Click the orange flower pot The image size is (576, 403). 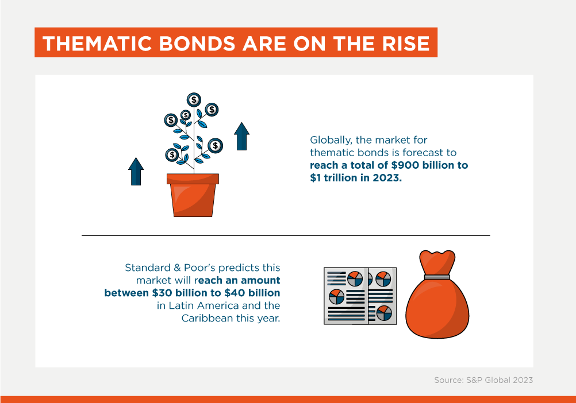point(193,195)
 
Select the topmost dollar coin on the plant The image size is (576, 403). point(194,100)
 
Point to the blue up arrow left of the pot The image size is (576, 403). point(136,171)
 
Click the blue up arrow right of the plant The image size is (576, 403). point(241,136)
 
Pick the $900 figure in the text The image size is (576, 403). point(405,165)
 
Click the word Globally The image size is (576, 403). point(331,140)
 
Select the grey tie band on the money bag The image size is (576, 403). point(437,277)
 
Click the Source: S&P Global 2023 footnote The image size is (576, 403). point(483,380)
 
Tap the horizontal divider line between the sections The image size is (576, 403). point(286,235)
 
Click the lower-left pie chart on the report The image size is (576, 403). point(336,297)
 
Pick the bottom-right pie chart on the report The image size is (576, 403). point(384,313)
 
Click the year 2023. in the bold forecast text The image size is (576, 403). point(387,178)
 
